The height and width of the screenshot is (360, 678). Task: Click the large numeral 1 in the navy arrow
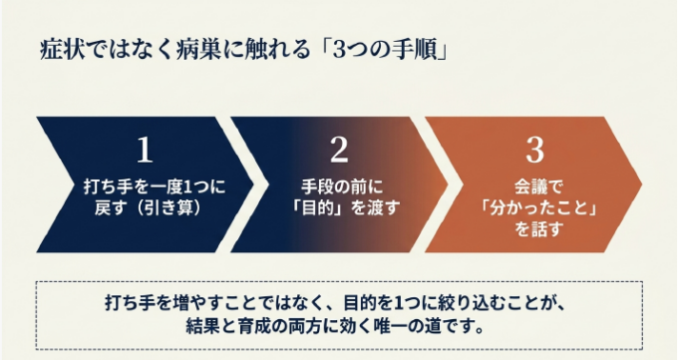[145, 151]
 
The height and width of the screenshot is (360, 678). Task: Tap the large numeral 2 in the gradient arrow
[339, 151]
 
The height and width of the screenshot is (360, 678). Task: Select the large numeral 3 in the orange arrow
[534, 151]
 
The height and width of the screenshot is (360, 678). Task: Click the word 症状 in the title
[57, 50]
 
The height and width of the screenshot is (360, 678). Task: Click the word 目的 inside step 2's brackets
[318, 208]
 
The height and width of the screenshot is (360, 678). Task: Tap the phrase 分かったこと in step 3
[539, 208]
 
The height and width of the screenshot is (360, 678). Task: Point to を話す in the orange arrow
[538, 229]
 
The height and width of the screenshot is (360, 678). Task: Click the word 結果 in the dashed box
[202, 325]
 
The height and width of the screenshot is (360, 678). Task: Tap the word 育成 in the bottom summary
[254, 325]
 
